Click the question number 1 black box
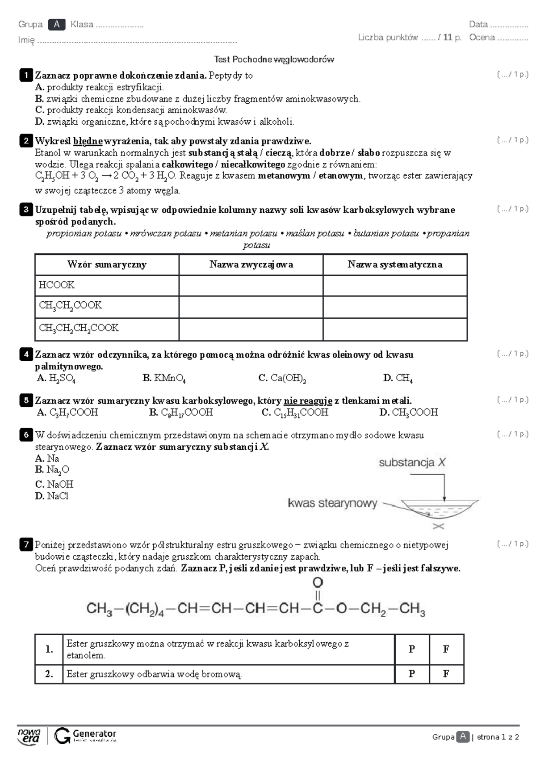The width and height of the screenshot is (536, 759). (x=26, y=75)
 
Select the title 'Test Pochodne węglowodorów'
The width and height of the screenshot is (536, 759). (x=274, y=59)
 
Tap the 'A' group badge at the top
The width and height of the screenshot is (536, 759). (x=57, y=25)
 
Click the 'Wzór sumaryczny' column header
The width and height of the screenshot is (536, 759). (x=107, y=265)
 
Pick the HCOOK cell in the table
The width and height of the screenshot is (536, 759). (x=107, y=285)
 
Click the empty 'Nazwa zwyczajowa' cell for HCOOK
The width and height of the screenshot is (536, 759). (x=251, y=285)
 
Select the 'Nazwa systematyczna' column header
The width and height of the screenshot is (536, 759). (x=395, y=265)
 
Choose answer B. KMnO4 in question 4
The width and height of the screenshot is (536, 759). (x=164, y=378)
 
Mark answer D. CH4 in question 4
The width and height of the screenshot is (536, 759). (x=398, y=378)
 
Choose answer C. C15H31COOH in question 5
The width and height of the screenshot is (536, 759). (x=295, y=413)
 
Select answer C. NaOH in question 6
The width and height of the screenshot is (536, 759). (x=54, y=484)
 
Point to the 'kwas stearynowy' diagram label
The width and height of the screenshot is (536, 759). (x=332, y=503)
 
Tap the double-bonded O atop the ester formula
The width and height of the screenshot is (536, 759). (x=318, y=583)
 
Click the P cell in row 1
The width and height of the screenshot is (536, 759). (x=412, y=649)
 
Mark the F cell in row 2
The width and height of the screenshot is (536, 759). (x=446, y=674)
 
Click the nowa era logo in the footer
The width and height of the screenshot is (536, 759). (x=29, y=736)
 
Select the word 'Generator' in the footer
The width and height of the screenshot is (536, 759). (x=94, y=734)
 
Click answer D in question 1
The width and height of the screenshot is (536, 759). (x=164, y=122)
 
